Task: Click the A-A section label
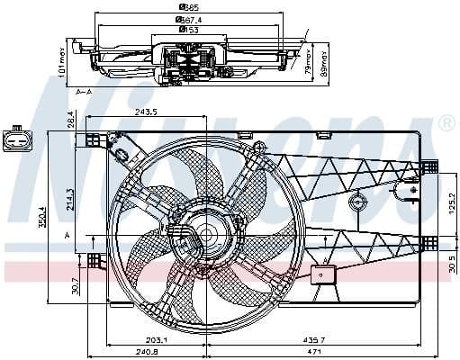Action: (85, 92)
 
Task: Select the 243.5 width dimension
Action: (146, 112)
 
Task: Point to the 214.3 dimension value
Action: (71, 199)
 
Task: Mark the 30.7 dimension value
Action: (76, 286)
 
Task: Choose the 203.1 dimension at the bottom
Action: (158, 338)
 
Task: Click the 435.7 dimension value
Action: (311, 338)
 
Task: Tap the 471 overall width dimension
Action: (311, 353)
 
